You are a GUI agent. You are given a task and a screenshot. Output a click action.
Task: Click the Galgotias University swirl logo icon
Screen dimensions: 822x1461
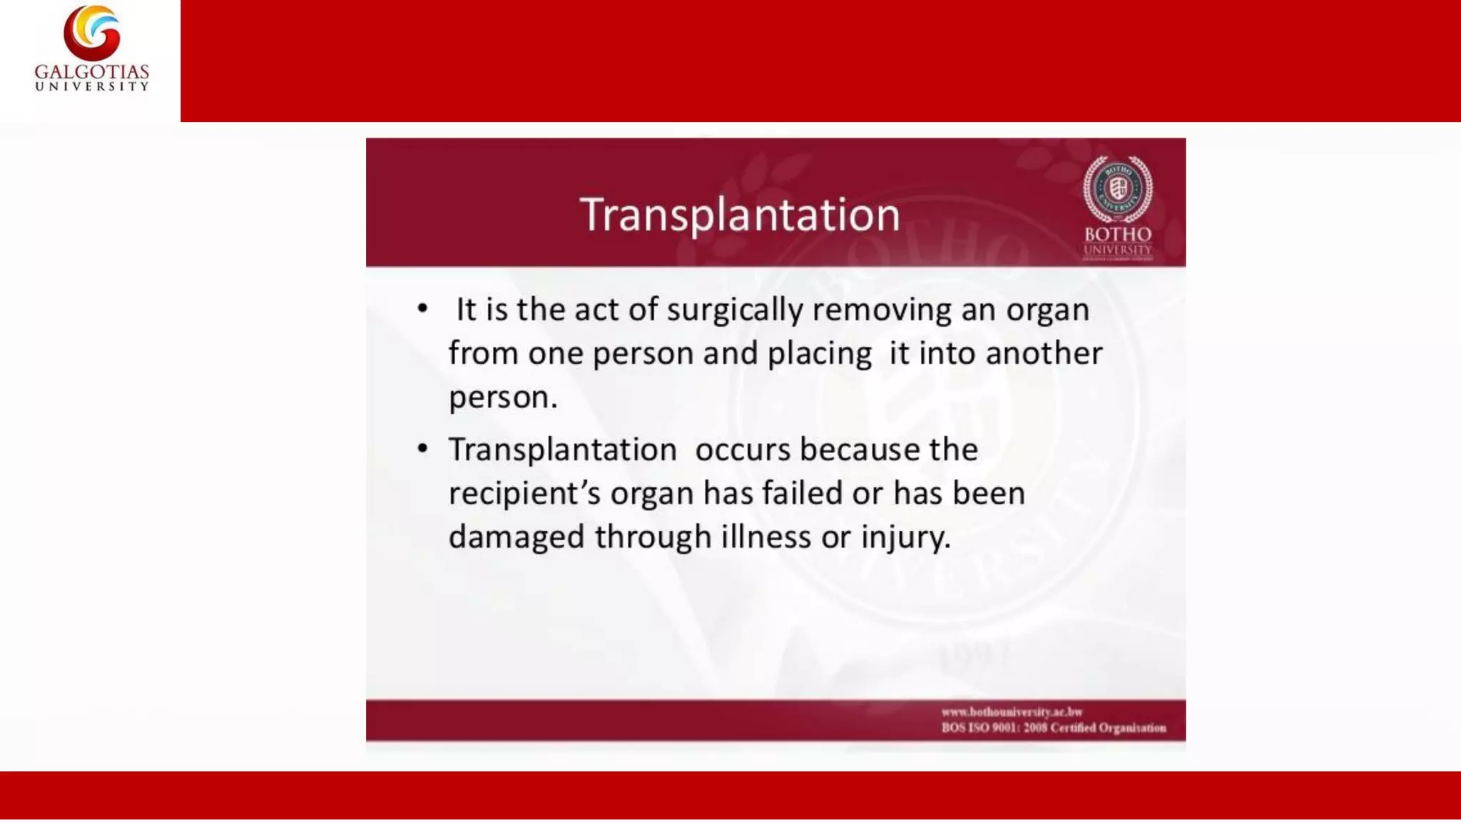click(92, 33)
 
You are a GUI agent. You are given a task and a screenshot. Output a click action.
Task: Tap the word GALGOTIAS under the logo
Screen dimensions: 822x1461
click(92, 72)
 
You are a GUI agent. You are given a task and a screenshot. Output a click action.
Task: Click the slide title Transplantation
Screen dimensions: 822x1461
click(740, 214)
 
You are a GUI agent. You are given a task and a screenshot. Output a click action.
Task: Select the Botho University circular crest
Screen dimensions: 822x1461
click(1117, 189)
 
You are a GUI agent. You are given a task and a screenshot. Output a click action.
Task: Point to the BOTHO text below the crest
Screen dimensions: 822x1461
click(1118, 234)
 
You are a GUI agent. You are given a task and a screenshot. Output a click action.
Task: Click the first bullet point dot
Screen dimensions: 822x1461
click(423, 309)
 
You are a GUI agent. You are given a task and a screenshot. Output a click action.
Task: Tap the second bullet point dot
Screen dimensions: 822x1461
click(423, 449)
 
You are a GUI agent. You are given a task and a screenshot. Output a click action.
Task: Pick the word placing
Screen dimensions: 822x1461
click(819, 354)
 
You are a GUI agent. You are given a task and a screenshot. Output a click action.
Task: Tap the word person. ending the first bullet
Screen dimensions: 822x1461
click(503, 397)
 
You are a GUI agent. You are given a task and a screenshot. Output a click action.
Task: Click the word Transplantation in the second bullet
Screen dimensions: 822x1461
click(562, 450)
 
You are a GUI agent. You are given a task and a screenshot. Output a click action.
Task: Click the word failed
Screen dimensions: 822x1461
click(802, 493)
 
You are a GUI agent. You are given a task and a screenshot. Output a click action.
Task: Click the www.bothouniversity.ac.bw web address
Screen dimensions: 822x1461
click(1012, 711)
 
